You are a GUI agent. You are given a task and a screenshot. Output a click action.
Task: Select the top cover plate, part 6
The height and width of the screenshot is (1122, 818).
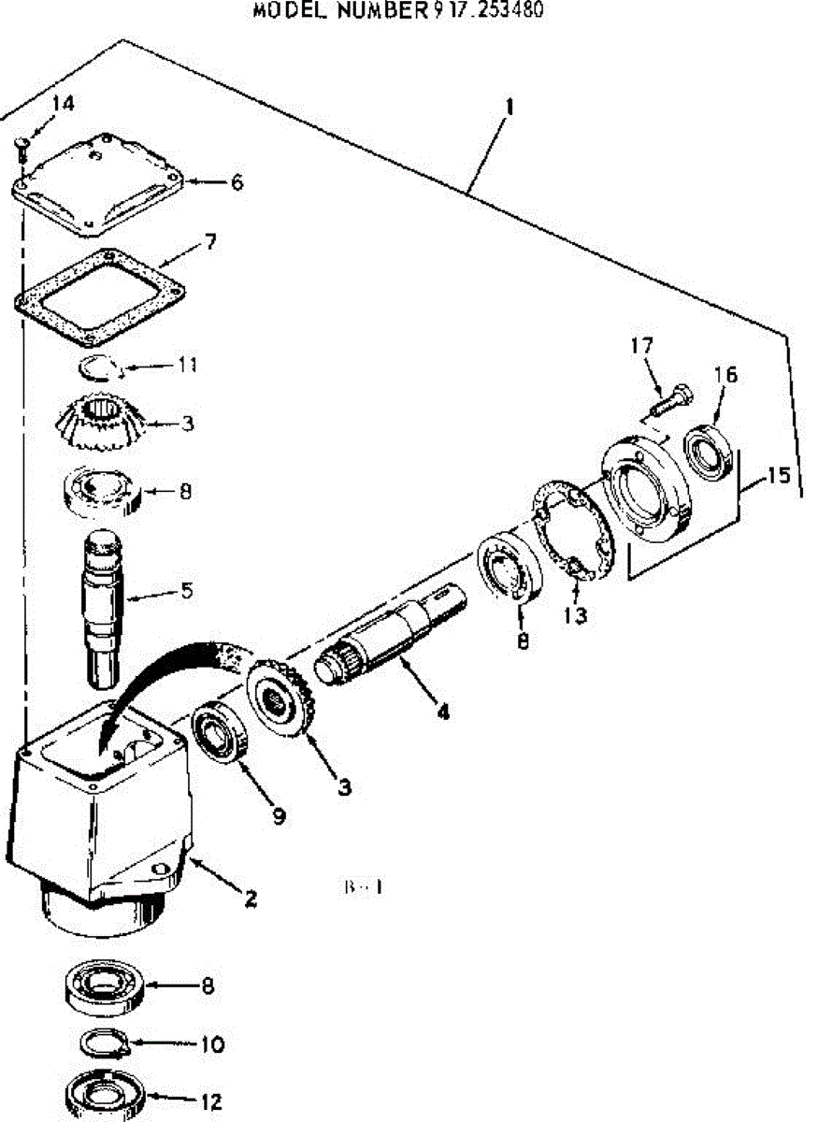click(x=97, y=183)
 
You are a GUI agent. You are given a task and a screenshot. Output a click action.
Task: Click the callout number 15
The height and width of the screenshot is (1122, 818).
click(x=777, y=475)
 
